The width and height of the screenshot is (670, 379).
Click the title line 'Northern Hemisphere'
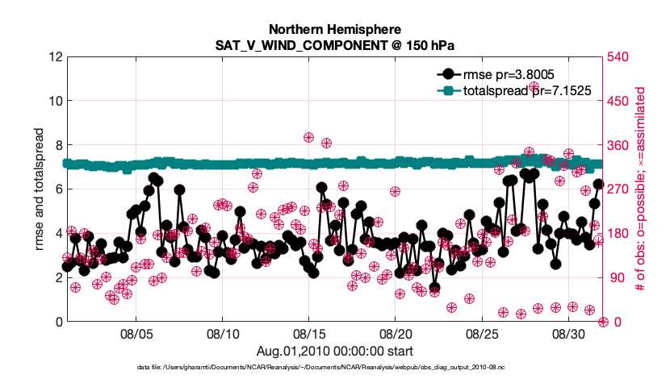pyautogui.click(x=334, y=29)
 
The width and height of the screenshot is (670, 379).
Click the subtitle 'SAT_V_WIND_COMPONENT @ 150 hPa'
pyautogui.click(x=334, y=44)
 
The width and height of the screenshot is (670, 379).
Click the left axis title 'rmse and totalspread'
pyautogui.click(x=39, y=189)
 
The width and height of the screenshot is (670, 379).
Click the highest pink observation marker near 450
pyautogui.click(x=534, y=87)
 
